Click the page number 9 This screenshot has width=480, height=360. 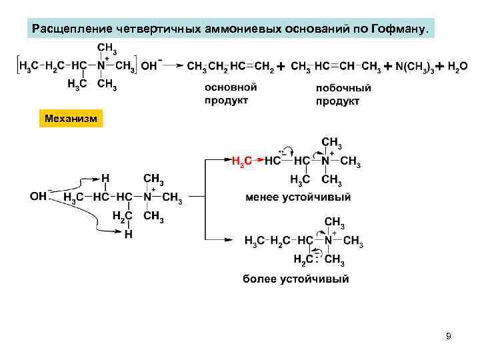pos(449,336)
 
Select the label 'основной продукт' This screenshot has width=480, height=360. pos(230,93)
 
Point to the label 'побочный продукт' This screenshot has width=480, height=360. pos(343,94)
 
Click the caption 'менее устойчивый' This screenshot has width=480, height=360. pos(298,197)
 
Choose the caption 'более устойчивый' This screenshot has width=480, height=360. pos(295,279)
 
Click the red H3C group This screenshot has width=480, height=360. pos(242,161)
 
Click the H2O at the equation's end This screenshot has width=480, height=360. pos(457,67)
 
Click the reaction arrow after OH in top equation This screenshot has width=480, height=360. pos(172,65)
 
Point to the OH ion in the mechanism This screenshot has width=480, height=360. pos(39,197)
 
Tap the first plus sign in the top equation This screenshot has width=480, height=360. pos(281,67)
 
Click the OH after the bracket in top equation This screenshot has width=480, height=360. pos(151,65)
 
